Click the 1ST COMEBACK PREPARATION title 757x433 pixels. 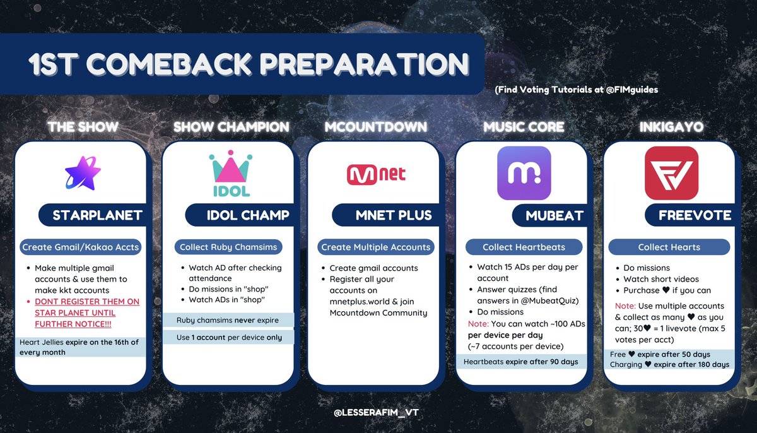pos(249,65)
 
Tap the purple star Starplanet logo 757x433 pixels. pos(83,174)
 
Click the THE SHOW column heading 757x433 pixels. pos(83,128)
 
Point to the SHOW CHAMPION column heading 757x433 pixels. pos(231,128)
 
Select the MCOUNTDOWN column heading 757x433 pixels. pos(376,128)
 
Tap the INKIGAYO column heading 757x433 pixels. pos(669,128)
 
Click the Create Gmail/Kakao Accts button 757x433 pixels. pos(81,247)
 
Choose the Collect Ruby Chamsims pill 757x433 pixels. pos(228,247)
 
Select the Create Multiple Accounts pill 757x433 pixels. pos(376,247)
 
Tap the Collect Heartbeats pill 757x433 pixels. pos(524,247)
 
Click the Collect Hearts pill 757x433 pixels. pos(669,247)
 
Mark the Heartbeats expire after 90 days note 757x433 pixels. pos(520,362)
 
